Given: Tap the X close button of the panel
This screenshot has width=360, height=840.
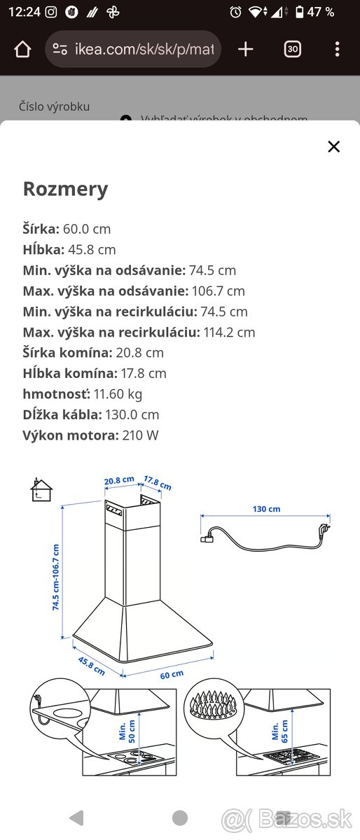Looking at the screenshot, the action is point(333,146).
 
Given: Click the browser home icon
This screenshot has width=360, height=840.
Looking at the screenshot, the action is point(22,50).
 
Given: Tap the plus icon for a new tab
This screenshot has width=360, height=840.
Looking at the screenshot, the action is point(245,49).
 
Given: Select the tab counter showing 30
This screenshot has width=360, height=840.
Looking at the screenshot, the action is point(292,49).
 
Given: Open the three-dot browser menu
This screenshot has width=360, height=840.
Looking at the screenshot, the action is point(337,49).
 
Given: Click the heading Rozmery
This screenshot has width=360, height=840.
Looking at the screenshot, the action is point(66,189).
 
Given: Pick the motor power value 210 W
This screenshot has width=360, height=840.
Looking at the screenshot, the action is point(140,435).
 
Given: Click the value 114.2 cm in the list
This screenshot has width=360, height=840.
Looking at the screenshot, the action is point(229,332).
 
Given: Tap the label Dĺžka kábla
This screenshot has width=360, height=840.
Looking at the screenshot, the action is point(62,415).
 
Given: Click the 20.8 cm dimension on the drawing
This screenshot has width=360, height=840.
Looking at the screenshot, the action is point(118,480).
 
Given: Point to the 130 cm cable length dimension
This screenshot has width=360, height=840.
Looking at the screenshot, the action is point(266,509).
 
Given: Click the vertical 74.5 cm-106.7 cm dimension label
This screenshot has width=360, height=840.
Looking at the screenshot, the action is point(56,577).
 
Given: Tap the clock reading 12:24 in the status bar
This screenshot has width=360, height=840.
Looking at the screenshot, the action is point(25,12).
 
